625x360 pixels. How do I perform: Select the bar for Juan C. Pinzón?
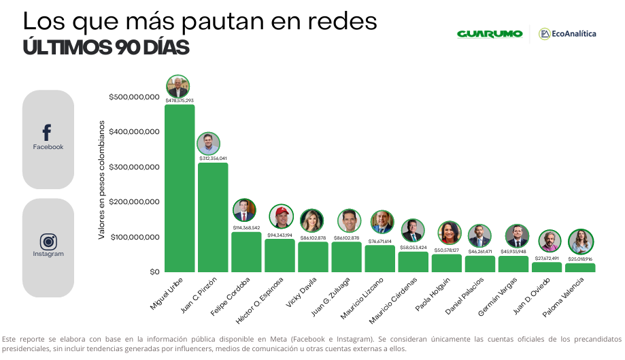213,218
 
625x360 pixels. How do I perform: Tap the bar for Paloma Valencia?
579,267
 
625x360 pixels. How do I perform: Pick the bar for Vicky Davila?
313,257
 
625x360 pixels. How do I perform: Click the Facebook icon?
47,133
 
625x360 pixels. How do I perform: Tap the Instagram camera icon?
48,241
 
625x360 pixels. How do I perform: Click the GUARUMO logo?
490,34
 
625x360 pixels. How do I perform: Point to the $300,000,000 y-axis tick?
134,167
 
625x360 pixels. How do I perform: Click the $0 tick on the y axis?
153,272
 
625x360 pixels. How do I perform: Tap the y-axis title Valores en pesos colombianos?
101,180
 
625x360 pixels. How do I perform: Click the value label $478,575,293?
180,100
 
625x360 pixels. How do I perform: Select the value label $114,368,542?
246,227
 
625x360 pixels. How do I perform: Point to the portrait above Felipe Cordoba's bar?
245,210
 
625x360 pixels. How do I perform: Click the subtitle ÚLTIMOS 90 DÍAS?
105,48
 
